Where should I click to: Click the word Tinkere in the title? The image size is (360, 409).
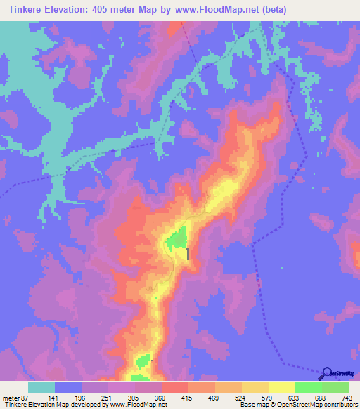point(29,9)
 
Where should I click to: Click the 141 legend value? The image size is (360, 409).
point(53,397)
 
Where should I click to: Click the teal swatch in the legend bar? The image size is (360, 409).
point(41,387)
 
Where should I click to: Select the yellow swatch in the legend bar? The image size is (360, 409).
point(281,387)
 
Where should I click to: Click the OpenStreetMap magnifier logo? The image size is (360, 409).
point(326,373)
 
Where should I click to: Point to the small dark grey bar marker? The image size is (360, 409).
point(188,254)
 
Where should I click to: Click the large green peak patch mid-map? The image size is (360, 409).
point(178,239)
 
